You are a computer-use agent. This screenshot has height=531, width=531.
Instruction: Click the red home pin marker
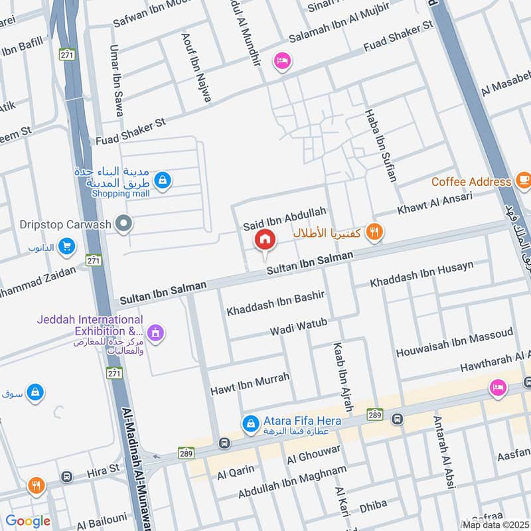coord(265,238)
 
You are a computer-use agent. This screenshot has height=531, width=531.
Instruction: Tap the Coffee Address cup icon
coord(523,181)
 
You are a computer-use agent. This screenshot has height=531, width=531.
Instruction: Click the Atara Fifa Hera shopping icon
coord(250,422)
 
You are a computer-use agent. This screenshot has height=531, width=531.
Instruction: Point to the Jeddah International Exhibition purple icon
coord(156,331)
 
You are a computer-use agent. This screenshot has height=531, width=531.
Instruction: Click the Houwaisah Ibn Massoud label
coord(455,342)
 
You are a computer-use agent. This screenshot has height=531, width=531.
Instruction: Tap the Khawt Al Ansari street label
coord(435,204)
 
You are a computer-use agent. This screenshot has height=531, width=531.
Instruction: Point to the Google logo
coord(28,522)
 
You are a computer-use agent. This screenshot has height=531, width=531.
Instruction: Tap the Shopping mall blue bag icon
coord(163,179)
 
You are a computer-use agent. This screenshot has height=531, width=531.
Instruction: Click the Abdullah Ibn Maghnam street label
coord(292,483)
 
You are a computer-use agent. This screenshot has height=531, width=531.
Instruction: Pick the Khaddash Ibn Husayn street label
coord(422,274)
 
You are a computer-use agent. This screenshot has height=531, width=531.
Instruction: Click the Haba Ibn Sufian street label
coord(380,147)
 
